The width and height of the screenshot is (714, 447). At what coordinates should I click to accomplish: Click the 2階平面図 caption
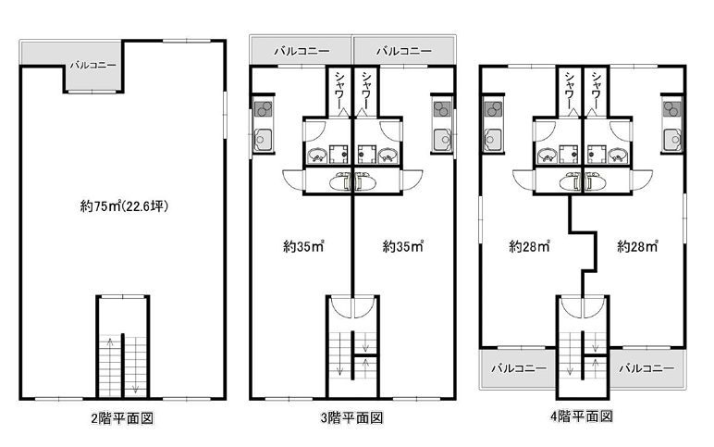[122, 417]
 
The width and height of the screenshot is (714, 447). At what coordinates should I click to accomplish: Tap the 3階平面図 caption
[352, 417]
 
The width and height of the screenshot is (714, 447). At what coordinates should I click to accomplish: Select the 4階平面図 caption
[582, 416]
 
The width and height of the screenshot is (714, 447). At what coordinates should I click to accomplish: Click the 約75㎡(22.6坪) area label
[124, 206]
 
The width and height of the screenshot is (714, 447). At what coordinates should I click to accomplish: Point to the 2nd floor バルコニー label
[92, 65]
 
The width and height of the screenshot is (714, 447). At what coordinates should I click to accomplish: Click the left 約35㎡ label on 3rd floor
[303, 246]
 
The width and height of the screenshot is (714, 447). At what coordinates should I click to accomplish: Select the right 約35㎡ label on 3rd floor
[403, 246]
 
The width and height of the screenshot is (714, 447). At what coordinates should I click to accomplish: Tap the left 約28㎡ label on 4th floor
[529, 246]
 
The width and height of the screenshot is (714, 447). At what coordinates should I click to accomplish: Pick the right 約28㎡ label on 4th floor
[637, 246]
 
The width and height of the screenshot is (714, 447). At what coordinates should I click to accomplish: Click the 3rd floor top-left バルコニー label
[302, 51]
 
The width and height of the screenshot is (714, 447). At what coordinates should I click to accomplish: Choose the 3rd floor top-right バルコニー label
[404, 51]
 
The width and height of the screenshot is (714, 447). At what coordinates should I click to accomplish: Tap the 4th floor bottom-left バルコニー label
[519, 367]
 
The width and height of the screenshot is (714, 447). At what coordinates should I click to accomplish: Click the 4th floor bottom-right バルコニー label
[646, 367]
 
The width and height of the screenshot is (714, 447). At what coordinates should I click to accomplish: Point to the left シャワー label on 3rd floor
[339, 91]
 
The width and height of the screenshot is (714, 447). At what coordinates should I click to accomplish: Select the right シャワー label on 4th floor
[596, 91]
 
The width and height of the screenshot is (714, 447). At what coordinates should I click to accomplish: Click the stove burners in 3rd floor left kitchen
[264, 109]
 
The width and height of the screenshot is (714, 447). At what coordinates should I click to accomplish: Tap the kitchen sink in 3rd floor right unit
[442, 139]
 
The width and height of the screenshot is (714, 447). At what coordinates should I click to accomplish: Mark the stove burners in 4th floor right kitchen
[672, 109]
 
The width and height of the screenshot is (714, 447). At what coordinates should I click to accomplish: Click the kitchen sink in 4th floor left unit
[493, 139]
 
